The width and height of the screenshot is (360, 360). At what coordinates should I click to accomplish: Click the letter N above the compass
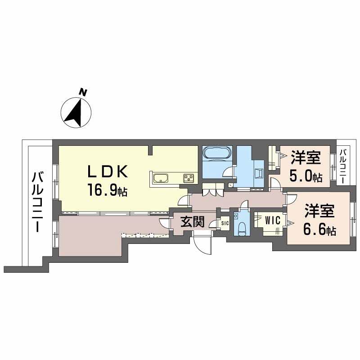[x=83, y=92]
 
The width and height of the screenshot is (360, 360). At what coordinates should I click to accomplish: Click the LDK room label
[x=108, y=171]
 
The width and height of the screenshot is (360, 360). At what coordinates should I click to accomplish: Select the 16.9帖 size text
[x=107, y=190]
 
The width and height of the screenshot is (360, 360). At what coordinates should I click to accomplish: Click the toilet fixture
[x=242, y=229]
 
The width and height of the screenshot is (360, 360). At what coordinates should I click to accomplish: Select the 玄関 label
[x=192, y=222]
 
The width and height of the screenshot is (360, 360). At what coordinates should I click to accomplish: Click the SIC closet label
[x=225, y=223]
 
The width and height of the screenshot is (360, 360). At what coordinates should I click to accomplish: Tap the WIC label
[x=273, y=220]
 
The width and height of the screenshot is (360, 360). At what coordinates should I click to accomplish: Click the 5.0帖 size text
[x=306, y=176]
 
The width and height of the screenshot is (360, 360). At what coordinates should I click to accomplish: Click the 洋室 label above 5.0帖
[x=306, y=158]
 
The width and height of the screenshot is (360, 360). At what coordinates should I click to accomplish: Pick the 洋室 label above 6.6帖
[x=319, y=211]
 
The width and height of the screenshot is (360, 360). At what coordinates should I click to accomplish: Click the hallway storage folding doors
[x=213, y=189]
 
